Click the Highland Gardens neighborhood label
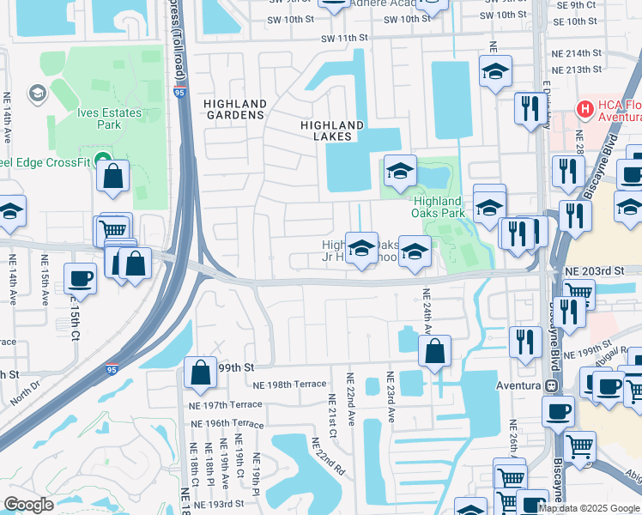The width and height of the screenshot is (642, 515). (x=235, y=109)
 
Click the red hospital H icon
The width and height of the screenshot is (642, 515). (x=585, y=109)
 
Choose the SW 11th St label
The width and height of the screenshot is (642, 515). (x=345, y=39)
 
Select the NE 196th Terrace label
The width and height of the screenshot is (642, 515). (x=227, y=424)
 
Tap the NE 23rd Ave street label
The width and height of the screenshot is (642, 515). (x=391, y=397)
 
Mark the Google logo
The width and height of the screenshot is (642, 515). (x=28, y=505)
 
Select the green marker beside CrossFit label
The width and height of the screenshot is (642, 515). (x=102, y=159)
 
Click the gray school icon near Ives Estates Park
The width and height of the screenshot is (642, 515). (x=37, y=93)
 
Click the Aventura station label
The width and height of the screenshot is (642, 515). (x=518, y=385)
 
